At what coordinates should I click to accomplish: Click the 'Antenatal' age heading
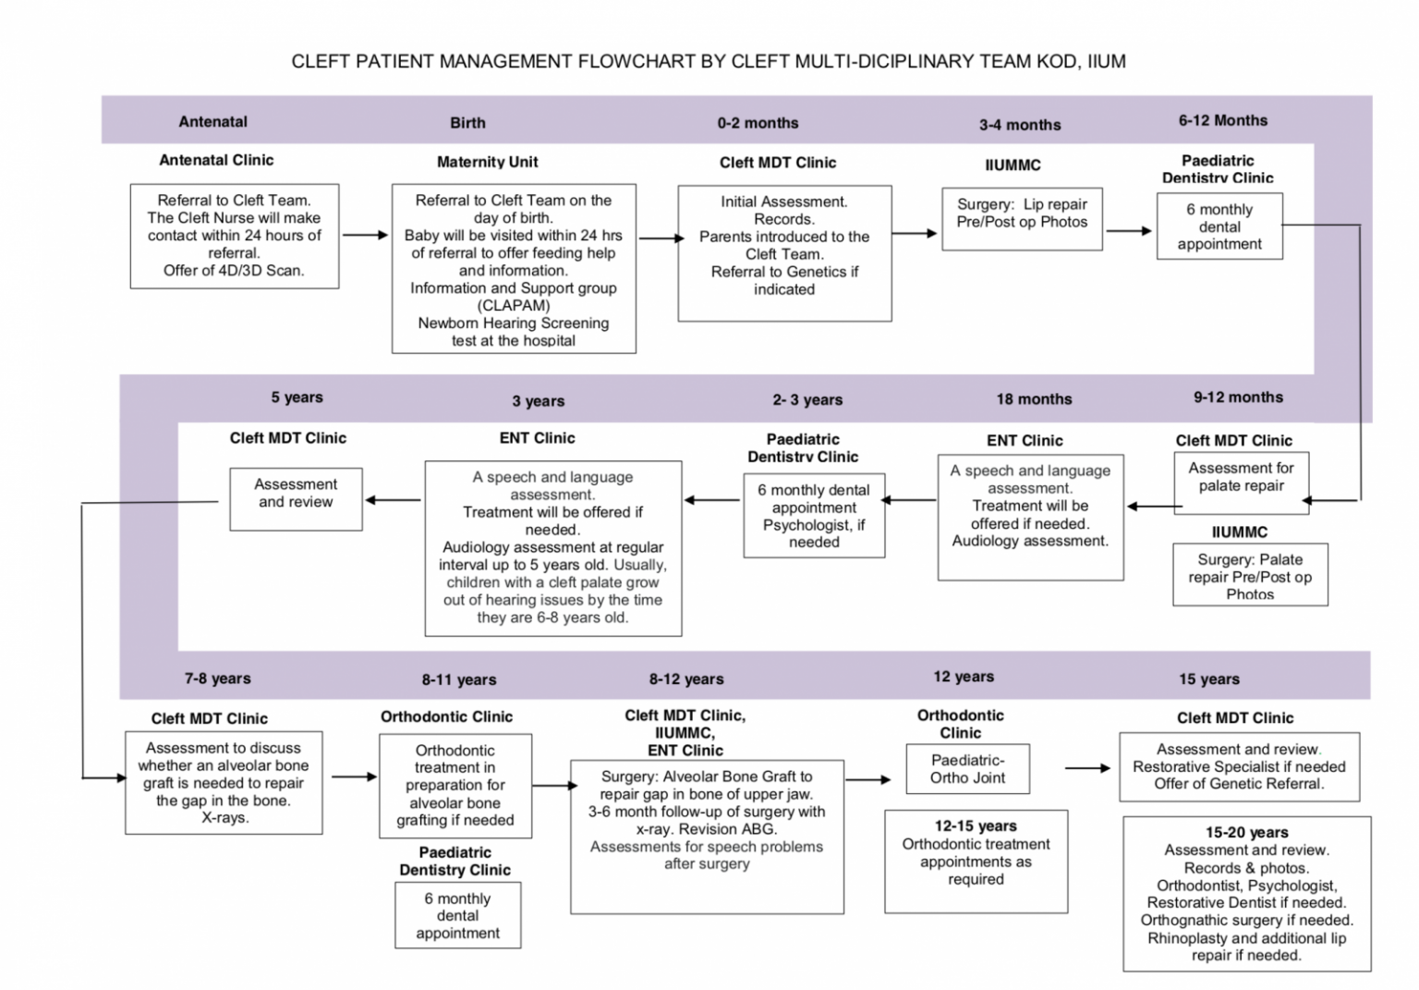212,121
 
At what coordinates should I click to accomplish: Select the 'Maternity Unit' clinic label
487,162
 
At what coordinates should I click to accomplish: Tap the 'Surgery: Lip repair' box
1022,218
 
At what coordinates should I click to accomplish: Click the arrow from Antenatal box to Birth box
365,236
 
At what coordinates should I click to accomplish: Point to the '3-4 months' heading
1020,125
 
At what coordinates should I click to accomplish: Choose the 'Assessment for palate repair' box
1241,482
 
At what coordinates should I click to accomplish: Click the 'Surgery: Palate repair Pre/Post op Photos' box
1249,575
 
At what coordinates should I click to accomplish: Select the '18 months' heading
1034,399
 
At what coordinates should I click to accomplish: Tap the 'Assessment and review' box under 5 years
296,498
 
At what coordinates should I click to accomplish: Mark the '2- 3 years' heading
807,400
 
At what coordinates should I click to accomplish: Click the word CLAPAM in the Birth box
514,306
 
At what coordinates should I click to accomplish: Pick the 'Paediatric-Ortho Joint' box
967,769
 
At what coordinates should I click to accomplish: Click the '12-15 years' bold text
976,826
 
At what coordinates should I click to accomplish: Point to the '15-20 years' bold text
1246,833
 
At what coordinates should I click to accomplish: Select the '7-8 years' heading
217,678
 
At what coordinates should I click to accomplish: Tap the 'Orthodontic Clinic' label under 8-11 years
446,716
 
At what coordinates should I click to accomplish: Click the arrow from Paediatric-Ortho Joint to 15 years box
1087,768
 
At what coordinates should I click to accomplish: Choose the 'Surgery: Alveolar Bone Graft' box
707,837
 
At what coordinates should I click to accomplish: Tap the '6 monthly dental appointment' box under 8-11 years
457,915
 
